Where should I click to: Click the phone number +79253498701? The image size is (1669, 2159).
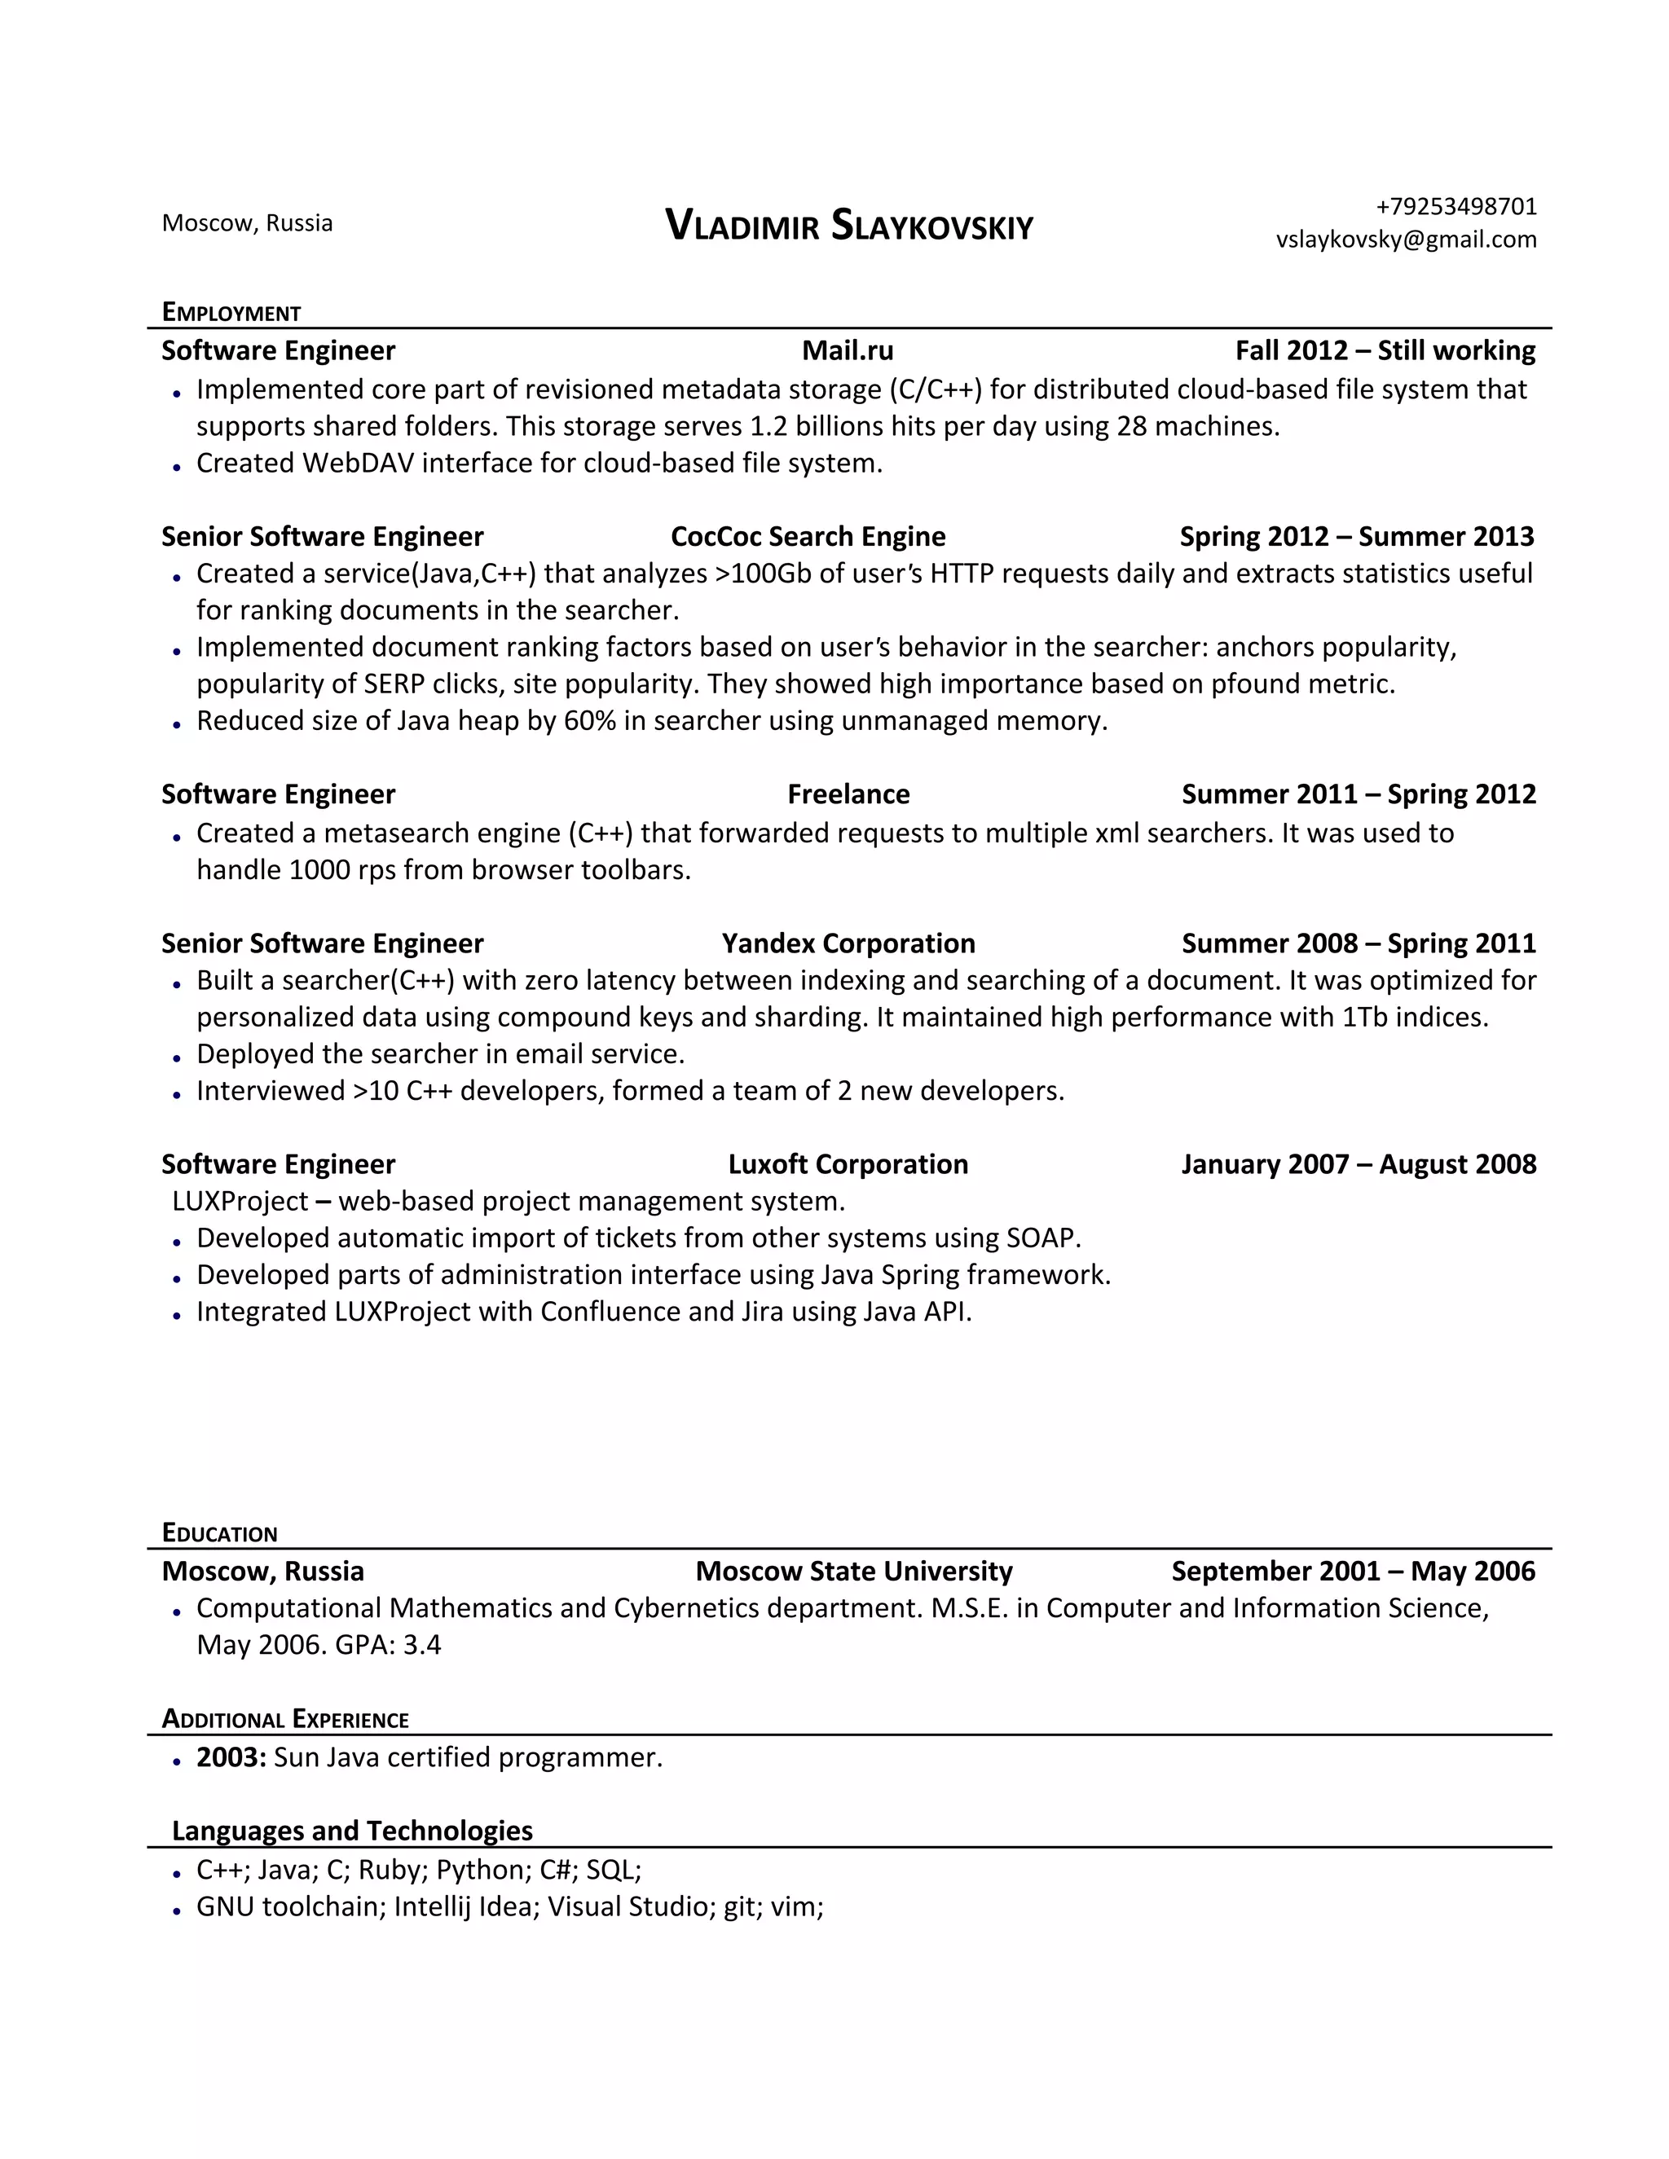point(1455,207)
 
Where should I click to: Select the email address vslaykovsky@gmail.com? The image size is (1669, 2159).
point(1405,240)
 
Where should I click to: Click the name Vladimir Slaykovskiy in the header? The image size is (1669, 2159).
point(848,226)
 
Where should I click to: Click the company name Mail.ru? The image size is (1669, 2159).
point(848,350)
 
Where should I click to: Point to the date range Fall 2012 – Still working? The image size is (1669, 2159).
point(1385,350)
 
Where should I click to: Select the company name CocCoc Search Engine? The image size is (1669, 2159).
point(808,536)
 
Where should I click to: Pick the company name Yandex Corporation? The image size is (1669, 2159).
point(848,943)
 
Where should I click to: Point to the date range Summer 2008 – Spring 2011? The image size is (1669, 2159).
point(1358,943)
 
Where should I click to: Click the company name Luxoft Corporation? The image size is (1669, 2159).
point(848,1163)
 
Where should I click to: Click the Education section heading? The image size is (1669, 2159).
point(219,1533)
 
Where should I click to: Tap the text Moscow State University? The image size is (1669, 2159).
point(853,1571)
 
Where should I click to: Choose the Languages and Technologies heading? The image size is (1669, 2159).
point(352,1831)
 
